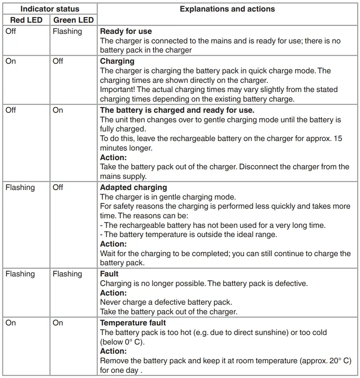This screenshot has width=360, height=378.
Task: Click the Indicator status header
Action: pyautogui.click(x=50, y=9)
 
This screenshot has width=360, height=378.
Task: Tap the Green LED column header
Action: pyautogui.click(x=74, y=20)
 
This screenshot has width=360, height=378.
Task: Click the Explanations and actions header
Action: pyautogui.click(x=227, y=9)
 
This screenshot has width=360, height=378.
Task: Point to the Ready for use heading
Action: pyautogui.click(x=126, y=31)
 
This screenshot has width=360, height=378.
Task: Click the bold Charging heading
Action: pyautogui.click(x=117, y=61)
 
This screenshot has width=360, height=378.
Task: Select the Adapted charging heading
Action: pyautogui.click(x=133, y=187)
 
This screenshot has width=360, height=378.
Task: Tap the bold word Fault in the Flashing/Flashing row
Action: pyautogui.click(x=109, y=274)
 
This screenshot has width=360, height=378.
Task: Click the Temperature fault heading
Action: pyautogui.click(x=133, y=323)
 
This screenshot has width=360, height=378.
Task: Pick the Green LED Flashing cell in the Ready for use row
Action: pyautogui.click(x=67, y=31)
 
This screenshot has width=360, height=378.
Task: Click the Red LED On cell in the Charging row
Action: pyautogui.click(x=11, y=61)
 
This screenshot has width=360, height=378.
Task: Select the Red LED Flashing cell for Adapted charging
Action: pyautogui.click(x=20, y=187)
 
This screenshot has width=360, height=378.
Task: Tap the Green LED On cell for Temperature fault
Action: pyautogui.click(x=58, y=323)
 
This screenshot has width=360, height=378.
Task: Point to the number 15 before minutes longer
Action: pyautogui.click(x=338, y=139)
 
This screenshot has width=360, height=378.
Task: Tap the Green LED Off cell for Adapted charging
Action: pyautogui.click(x=58, y=187)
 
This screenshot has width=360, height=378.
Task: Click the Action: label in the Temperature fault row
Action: pyautogui.click(x=113, y=351)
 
